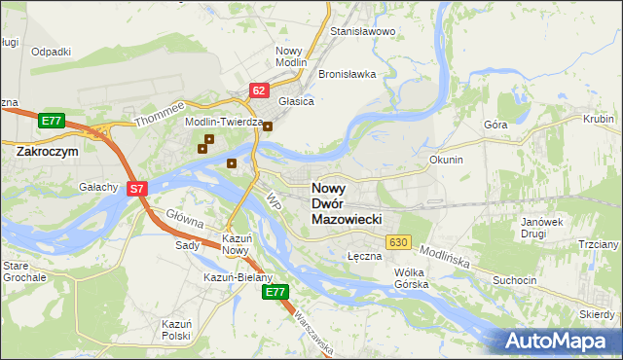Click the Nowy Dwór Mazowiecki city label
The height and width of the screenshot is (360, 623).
click(346, 204)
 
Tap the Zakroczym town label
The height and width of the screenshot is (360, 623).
click(47, 152)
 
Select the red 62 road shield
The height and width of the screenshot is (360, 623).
click(258, 90)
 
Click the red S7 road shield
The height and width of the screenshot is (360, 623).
click(137, 190)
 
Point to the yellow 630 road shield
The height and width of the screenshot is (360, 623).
click(397, 241)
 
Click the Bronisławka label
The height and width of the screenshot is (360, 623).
click(348, 74)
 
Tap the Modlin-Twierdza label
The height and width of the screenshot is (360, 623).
click(226, 123)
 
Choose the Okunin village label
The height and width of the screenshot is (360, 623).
click(446, 159)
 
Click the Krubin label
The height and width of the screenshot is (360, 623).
click(598, 118)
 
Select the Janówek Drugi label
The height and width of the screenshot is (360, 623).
click(543, 228)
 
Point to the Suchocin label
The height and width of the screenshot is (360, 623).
click(515, 280)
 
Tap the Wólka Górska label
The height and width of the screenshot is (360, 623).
click(412, 279)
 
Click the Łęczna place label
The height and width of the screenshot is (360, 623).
click(363, 255)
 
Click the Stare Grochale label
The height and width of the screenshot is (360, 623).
click(24, 271)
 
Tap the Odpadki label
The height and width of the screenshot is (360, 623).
click(52, 52)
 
